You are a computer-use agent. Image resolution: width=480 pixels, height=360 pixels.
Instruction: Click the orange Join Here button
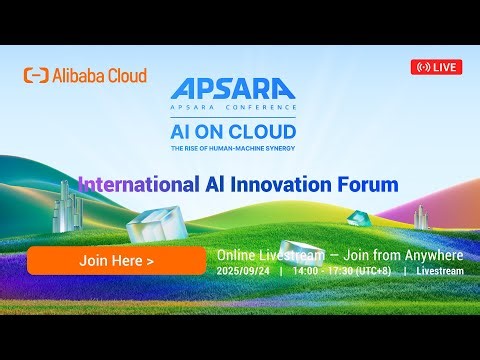click(116, 260)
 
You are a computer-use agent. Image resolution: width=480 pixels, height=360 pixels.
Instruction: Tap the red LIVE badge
click(436, 67)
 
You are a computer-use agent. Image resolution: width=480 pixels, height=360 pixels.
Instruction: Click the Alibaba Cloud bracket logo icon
click(36, 76)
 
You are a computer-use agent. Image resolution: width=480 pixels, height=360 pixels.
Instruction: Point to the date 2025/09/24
click(244, 270)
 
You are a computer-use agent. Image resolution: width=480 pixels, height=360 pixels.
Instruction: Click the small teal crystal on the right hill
click(357, 217)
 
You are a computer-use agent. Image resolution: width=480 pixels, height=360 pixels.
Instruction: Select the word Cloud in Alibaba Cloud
click(126, 76)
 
